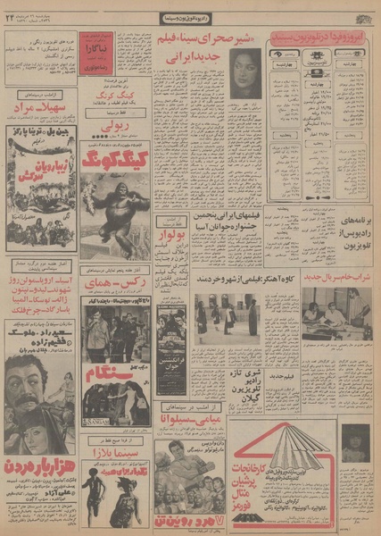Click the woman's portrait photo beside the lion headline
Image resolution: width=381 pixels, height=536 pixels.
pyautogui.click(x=244, y=72)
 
